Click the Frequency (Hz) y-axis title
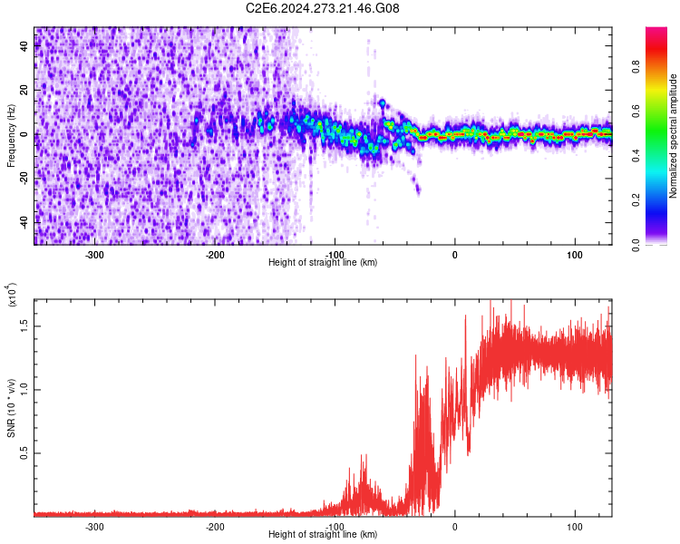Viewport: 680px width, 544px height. [11, 135]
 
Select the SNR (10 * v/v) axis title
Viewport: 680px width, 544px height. [12, 407]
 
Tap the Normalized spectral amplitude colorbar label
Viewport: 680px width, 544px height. [674, 136]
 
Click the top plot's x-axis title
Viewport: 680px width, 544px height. [323, 262]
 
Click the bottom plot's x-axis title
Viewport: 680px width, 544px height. [323, 534]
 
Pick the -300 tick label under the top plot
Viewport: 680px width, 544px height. [95, 254]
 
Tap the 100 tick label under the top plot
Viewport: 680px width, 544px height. [575, 254]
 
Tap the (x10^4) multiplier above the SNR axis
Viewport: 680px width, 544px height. [13, 296]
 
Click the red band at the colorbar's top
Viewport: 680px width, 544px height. [656, 34]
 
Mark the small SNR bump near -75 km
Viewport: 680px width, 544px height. [363, 490]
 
